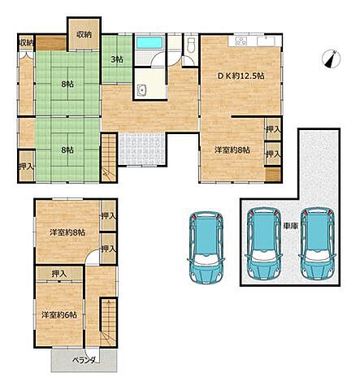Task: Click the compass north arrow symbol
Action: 332,58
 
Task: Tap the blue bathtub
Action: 150,43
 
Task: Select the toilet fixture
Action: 191,45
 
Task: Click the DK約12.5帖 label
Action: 241,76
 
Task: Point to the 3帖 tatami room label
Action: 117,59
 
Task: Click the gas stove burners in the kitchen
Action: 241,41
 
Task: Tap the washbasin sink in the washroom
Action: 141,90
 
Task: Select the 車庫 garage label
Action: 291,225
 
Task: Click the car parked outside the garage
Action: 206,248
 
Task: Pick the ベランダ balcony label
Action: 84,361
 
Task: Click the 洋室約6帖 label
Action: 59,315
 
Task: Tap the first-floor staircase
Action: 109,158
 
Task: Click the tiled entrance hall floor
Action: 141,149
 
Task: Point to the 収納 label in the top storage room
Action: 84,35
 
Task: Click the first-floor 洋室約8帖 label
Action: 232,149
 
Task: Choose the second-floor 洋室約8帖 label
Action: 67,232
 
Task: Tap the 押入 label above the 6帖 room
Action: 59,274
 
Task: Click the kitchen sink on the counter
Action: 266,41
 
